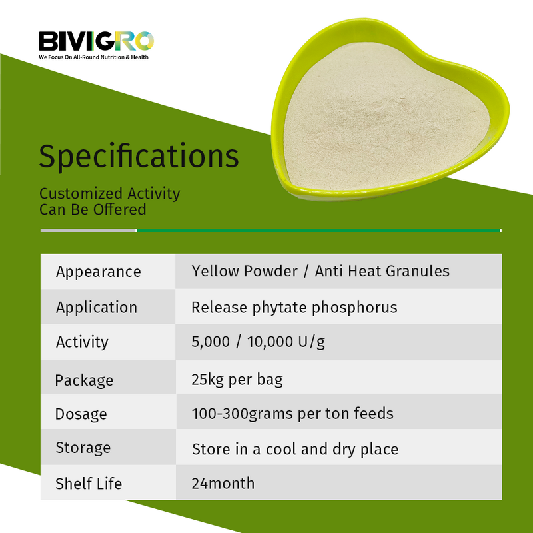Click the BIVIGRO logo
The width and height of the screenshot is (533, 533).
click(96, 41)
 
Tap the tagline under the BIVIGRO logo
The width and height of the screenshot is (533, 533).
click(93, 57)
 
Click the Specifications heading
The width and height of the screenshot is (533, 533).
click(139, 156)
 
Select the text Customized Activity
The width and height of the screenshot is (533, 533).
click(109, 193)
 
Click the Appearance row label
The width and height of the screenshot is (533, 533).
click(99, 272)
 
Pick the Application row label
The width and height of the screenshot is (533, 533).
click(97, 307)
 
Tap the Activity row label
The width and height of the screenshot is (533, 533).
click(82, 342)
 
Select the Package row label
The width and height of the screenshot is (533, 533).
click(84, 380)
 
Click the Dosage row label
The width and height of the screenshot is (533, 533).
click(81, 414)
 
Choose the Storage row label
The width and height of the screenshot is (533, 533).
click(83, 447)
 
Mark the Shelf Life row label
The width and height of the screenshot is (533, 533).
click(89, 483)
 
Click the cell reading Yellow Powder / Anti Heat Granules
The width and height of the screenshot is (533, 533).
click(320, 271)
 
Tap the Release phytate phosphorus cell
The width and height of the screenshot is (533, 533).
click(294, 307)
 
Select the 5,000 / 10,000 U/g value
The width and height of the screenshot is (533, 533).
click(259, 342)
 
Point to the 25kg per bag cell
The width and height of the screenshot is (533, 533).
click(237, 380)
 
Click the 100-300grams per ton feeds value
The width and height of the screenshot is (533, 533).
click(292, 413)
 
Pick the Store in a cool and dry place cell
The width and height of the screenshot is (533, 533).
click(295, 449)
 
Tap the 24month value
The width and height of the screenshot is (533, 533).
click(223, 483)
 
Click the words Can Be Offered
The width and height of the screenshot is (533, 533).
click(93, 209)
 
